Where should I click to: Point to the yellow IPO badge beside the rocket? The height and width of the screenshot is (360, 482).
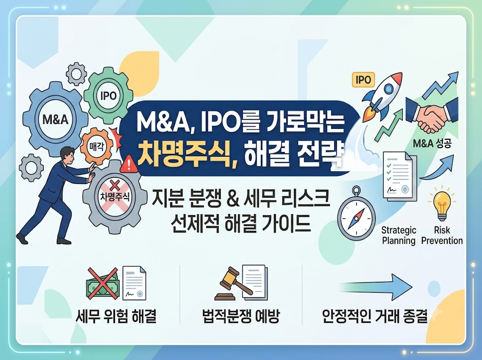click(x=363, y=80)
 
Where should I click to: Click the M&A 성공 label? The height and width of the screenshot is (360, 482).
click(x=432, y=143)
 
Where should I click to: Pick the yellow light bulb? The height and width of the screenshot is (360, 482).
click(x=442, y=203)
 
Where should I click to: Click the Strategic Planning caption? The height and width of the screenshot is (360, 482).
click(x=399, y=235)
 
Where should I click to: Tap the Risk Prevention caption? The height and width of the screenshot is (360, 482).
click(x=442, y=235)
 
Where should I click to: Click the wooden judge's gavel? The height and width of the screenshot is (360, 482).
click(x=231, y=283)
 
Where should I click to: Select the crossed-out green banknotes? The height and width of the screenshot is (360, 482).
click(x=102, y=284)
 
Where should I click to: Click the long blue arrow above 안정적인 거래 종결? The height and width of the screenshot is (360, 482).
click(x=376, y=287)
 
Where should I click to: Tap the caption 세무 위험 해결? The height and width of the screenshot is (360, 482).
click(x=116, y=316)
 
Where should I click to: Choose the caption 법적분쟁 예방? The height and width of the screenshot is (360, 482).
click(x=241, y=316)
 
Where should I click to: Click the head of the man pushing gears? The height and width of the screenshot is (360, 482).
click(x=67, y=155)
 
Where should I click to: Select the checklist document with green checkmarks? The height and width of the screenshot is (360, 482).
click(x=399, y=177)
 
